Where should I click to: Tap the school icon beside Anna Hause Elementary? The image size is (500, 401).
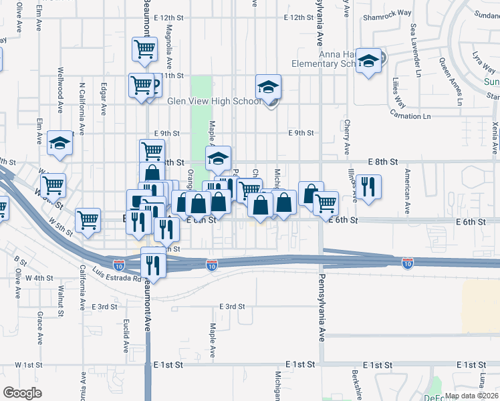[368, 61]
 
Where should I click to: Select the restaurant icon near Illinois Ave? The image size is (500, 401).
[368, 186]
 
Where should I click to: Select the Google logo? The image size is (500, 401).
[23, 392]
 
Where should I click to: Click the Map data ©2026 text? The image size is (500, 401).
[471, 396]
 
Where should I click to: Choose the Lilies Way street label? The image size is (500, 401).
[399, 92]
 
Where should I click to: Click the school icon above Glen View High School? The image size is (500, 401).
[268, 86]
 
